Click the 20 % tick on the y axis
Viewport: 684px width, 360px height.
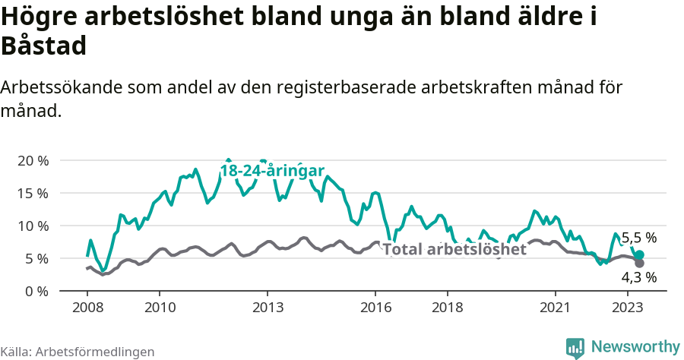click(32, 160)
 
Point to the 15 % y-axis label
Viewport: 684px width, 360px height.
click(32, 193)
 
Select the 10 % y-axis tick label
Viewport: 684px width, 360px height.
click(32, 226)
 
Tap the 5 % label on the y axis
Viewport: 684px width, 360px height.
click(36, 258)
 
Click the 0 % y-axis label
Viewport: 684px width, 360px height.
click(36, 291)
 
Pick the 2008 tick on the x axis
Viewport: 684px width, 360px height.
click(87, 308)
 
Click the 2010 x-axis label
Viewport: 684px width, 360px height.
click(160, 308)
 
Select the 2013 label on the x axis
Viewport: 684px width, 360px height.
click(268, 308)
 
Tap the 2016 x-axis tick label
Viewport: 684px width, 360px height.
click(375, 308)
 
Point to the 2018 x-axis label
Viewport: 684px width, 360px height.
click(448, 308)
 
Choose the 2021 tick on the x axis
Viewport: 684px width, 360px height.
click(556, 308)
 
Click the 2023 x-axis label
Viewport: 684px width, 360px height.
click(628, 308)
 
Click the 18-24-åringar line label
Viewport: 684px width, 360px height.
click(273, 171)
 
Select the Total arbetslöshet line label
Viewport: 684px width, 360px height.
click(454, 249)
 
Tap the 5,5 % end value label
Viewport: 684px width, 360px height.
click(638, 238)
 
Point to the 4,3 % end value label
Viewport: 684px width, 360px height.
click(638, 277)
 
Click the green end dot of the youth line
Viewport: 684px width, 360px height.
click(639, 255)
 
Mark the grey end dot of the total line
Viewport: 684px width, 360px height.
click(639, 264)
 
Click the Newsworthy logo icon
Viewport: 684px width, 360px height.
click(575, 347)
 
